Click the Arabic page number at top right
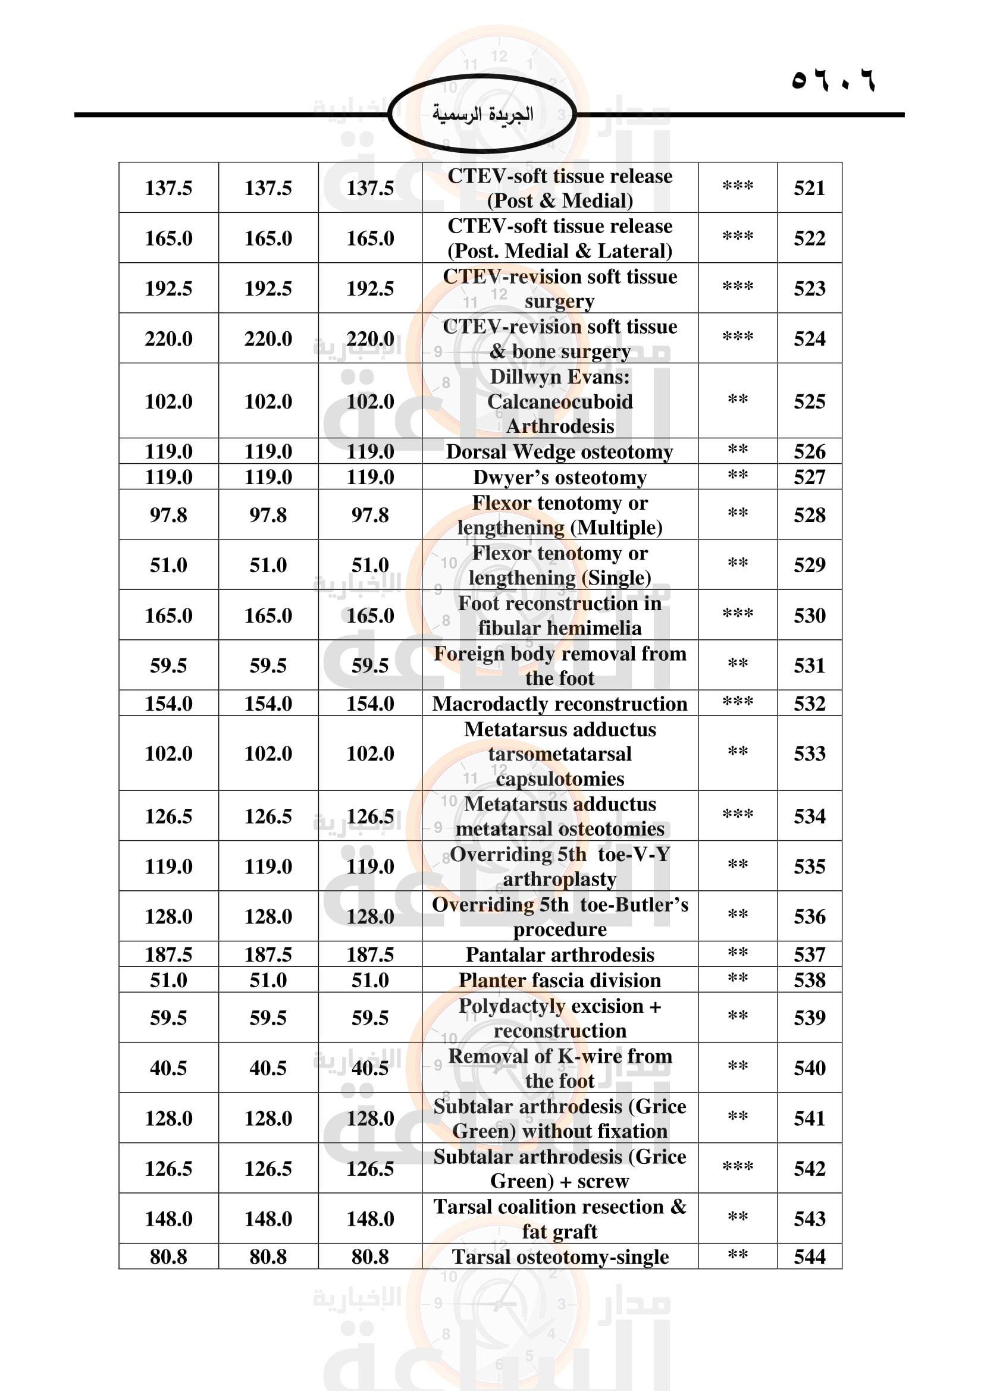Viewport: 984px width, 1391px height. tap(833, 80)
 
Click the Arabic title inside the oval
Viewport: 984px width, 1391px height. tap(482, 114)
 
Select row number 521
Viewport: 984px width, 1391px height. tap(810, 188)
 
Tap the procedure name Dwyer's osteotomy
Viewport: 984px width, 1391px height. tap(559, 478)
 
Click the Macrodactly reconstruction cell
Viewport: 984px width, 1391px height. tap(559, 704)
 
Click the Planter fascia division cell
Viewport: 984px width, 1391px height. tap(559, 979)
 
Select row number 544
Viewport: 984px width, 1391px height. tap(810, 1257)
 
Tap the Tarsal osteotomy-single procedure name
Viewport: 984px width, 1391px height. tap(559, 1257)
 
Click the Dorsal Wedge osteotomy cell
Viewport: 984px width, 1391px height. tap(559, 452)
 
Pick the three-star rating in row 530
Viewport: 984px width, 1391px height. tap(737, 614)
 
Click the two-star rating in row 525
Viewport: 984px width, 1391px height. tap(737, 399)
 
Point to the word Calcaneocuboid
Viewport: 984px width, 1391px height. tap(559, 401)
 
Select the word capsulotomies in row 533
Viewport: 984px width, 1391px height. tap(559, 778)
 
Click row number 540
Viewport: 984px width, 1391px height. tap(810, 1067)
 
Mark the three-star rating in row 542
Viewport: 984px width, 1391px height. tap(737, 1166)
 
